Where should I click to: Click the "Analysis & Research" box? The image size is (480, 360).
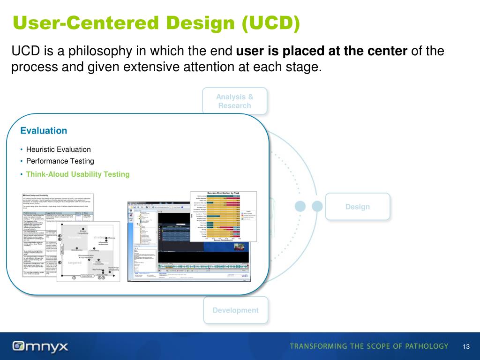tap(234, 101)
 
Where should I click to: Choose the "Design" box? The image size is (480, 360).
tap(357, 207)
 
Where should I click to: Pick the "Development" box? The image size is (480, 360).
tap(235, 310)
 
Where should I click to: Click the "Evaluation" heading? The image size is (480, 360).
tap(44, 131)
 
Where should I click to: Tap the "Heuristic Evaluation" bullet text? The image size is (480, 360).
tap(58, 150)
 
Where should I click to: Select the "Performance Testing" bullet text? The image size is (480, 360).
tap(60, 161)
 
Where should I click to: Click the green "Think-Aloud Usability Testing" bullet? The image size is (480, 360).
tap(77, 174)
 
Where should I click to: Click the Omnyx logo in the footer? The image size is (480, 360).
tap(41, 346)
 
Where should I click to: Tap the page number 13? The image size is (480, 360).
tap(465, 346)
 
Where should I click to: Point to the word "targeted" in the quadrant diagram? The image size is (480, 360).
tap(75, 263)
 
